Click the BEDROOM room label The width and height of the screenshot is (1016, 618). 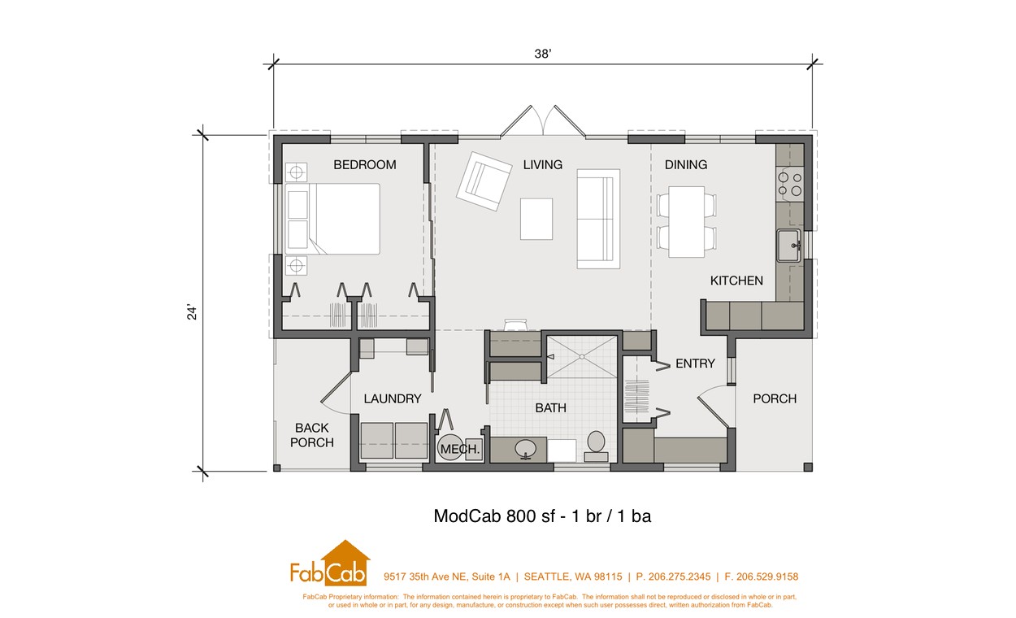pos(365,165)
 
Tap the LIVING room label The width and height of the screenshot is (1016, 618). pos(542,165)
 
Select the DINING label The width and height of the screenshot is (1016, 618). pos(686,165)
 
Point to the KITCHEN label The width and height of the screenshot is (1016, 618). pos(736,281)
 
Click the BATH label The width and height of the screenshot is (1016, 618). pos(550,408)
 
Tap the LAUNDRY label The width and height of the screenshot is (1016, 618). pos(393,398)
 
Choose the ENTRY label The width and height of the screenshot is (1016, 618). pos(695,363)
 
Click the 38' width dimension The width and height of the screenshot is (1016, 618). pos(542,54)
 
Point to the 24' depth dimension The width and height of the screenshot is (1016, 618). pos(192,312)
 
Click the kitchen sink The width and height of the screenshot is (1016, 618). pos(789,246)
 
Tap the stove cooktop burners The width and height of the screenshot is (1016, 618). pos(790,185)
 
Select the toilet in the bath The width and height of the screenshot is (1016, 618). pos(596,446)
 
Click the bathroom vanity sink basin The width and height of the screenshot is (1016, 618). pos(526,450)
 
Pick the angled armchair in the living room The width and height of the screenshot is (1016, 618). pos(484,181)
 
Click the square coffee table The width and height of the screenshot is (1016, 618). pos(536,219)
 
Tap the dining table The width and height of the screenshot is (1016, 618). pos(686,222)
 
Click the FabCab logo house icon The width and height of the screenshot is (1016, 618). pos(345,563)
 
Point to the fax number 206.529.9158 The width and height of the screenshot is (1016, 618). pos(767,577)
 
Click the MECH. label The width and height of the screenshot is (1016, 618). pos(459,449)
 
